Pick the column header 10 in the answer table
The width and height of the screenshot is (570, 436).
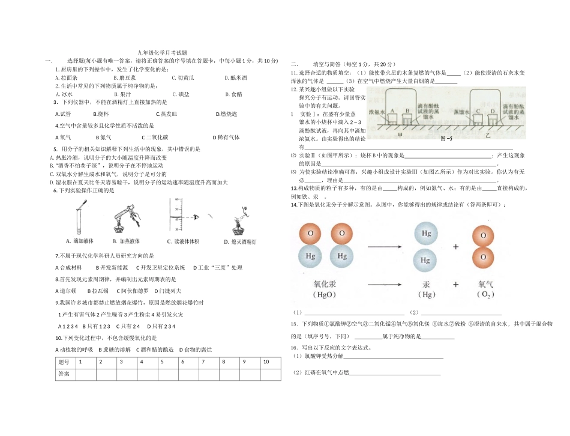tap(266, 362)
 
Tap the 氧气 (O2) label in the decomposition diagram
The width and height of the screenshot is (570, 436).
tap(485, 289)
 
